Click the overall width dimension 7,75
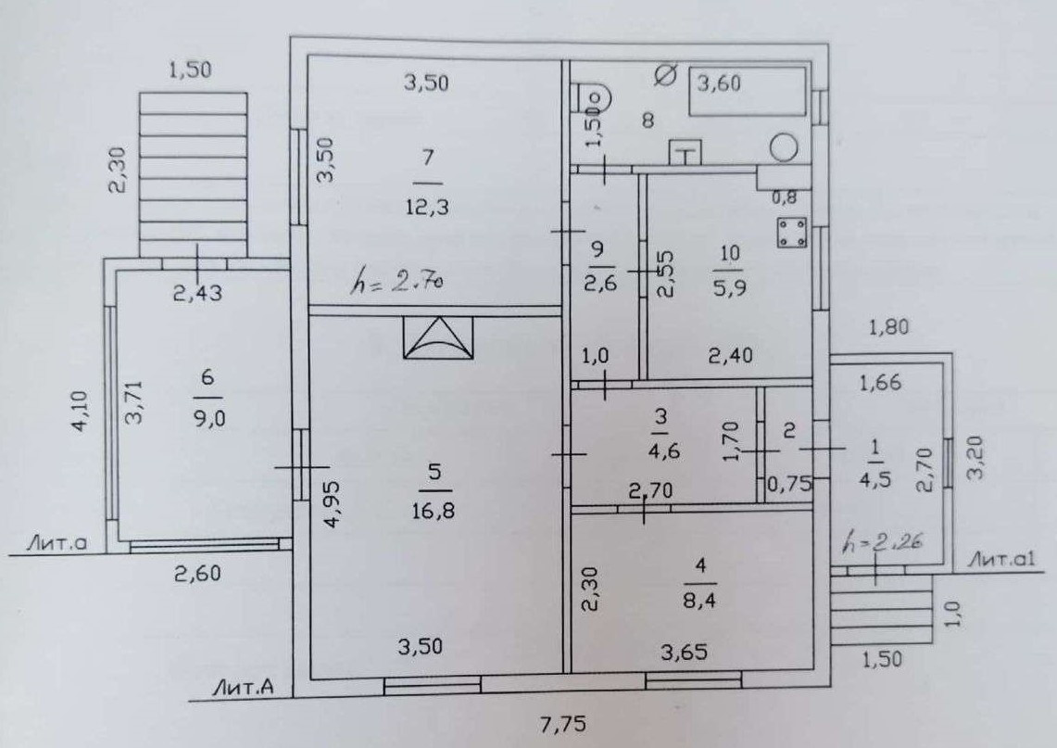click(x=563, y=725)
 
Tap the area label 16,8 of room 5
click(x=434, y=510)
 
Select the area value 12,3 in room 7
click(x=427, y=207)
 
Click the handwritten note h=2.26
click(x=883, y=541)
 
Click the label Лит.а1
click(x=1001, y=559)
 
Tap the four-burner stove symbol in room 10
click(x=792, y=232)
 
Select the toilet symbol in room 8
click(x=593, y=99)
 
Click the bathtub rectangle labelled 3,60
click(x=748, y=91)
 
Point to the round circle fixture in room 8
click(x=784, y=147)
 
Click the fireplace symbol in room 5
click(x=438, y=337)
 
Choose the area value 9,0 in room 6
click(x=208, y=419)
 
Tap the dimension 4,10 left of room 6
click(x=81, y=412)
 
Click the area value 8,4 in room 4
click(x=699, y=601)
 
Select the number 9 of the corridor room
click(x=598, y=250)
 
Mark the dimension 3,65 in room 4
click(x=684, y=652)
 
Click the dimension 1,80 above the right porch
click(x=889, y=327)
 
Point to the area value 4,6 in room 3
click(x=663, y=450)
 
